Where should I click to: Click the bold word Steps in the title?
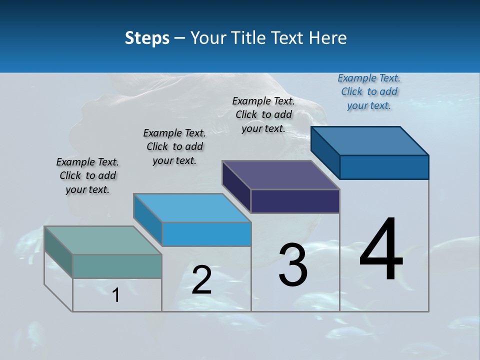pyautogui.click(x=147, y=38)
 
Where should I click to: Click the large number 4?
pyautogui.click(x=381, y=250)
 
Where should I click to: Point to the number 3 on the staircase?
pyautogui.click(x=293, y=265)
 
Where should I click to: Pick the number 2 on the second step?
pyautogui.click(x=201, y=280)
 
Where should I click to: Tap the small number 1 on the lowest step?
pyautogui.click(x=116, y=295)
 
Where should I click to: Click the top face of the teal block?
pyautogui.click(x=102, y=240)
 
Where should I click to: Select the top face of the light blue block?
pyautogui.click(x=191, y=207)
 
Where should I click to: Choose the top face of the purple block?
pyautogui.click(x=280, y=175)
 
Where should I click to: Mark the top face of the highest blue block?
pyautogui.click(x=369, y=141)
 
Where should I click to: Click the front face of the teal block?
pyautogui.click(x=117, y=266)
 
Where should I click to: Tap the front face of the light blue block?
pyautogui.click(x=206, y=234)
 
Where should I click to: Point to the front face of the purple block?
pyautogui.click(x=295, y=201)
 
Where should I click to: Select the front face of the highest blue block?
pyautogui.click(x=384, y=167)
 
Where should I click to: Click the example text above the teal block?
pyautogui.click(x=87, y=175)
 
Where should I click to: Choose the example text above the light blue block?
pyautogui.click(x=174, y=146)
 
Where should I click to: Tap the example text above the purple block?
pyautogui.click(x=263, y=114)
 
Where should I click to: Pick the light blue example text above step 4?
pyautogui.click(x=369, y=91)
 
